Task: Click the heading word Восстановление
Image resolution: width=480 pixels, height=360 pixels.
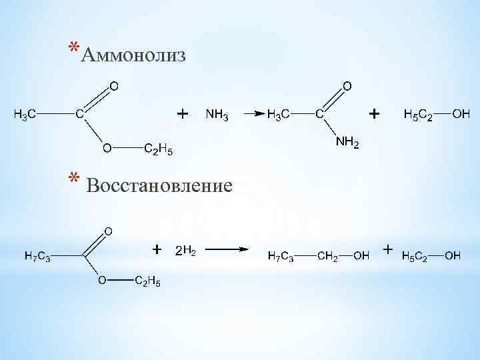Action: (160, 185)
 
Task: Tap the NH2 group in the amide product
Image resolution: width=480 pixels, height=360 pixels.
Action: (347, 143)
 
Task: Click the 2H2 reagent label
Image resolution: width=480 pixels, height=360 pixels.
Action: (185, 251)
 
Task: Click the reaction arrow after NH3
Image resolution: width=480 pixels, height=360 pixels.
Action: (250, 115)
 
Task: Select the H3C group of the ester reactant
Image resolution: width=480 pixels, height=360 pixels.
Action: (25, 115)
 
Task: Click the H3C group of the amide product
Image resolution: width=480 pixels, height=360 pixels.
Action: (278, 115)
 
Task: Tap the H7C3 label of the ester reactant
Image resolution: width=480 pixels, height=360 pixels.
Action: (36, 255)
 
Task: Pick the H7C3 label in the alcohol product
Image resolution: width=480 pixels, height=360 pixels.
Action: (280, 255)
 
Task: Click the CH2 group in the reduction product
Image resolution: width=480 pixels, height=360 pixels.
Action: (327, 255)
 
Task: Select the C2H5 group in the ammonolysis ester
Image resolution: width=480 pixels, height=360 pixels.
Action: (159, 149)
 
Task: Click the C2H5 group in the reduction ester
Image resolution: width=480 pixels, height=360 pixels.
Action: (147, 282)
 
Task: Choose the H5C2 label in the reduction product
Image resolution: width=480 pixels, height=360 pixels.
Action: (415, 255)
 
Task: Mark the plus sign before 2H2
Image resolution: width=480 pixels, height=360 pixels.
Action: (157, 249)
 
